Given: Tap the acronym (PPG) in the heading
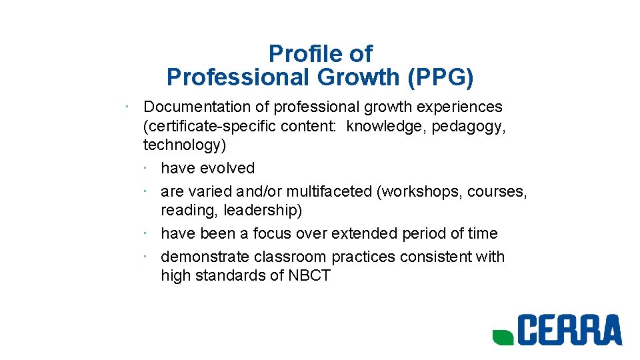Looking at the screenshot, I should [441, 77].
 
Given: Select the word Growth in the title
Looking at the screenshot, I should [358, 77].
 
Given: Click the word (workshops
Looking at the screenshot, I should [419, 191].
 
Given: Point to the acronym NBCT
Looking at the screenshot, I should [309, 276].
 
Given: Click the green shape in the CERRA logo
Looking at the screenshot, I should [503, 337].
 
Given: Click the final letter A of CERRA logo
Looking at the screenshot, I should [609, 331].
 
